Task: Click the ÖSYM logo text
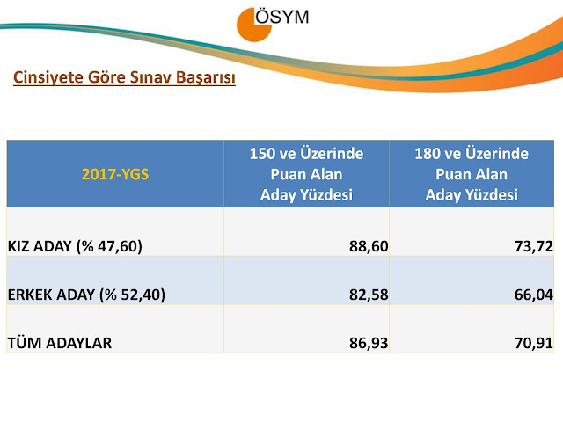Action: (282, 16)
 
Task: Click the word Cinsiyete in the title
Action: (44, 77)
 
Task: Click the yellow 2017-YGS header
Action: (115, 174)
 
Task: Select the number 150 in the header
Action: (263, 154)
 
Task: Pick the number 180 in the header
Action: (428, 154)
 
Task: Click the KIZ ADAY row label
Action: (75, 246)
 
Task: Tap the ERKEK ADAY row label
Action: (86, 295)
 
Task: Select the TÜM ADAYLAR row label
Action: (60, 343)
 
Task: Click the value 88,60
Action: (369, 246)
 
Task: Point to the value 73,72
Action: (534, 246)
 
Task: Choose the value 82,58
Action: (369, 295)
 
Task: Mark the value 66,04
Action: (534, 295)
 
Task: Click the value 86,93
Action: (369, 343)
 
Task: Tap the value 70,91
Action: (534, 343)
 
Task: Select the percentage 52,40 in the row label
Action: (141, 295)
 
